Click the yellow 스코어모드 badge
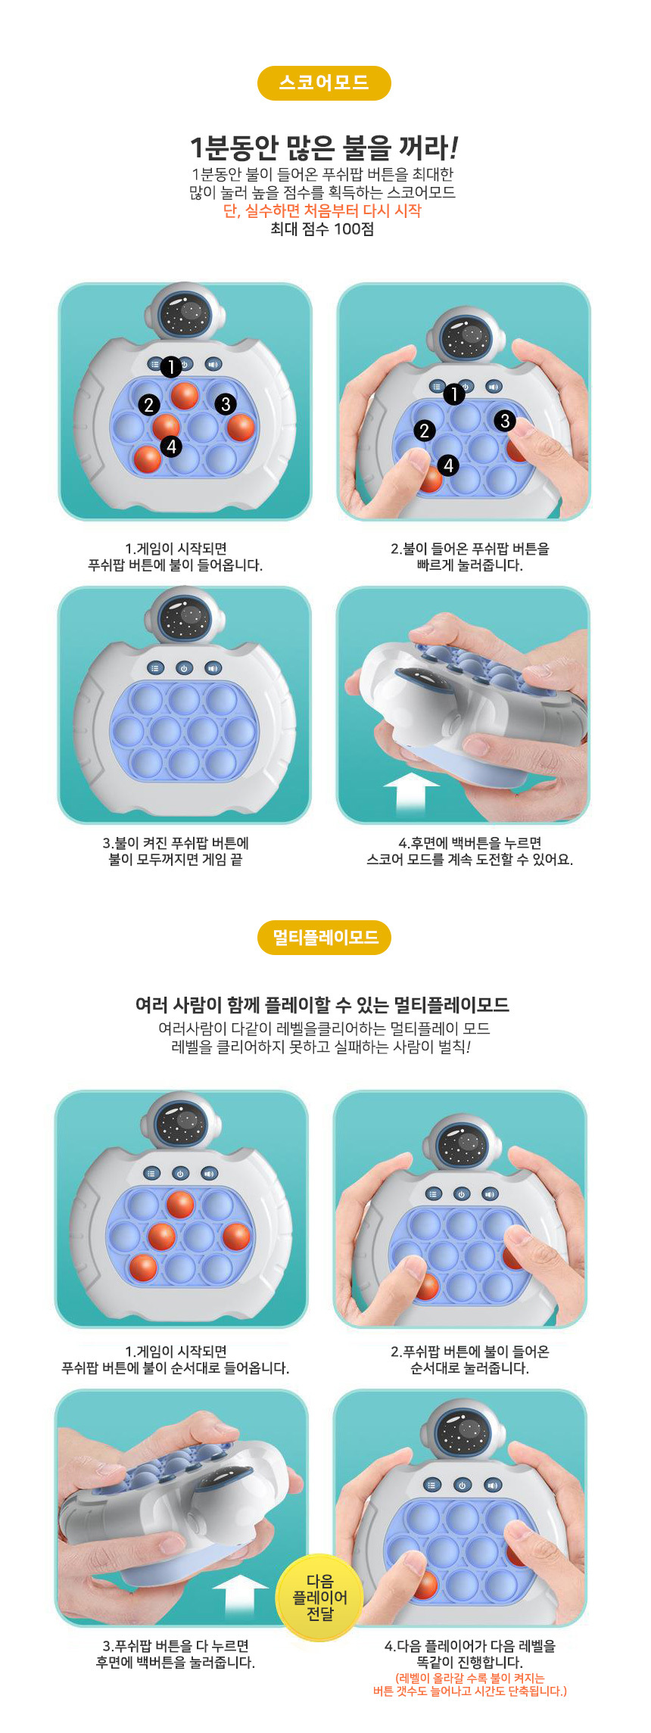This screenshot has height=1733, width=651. [x=324, y=83]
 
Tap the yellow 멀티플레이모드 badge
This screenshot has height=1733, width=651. [x=325, y=938]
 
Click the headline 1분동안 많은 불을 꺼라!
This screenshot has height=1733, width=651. [x=323, y=147]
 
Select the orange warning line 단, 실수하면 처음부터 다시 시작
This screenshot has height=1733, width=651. [x=322, y=211]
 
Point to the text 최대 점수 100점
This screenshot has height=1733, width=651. [x=322, y=229]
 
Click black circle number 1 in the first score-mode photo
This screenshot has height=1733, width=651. [x=171, y=367]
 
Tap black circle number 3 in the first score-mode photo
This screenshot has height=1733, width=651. [x=225, y=404]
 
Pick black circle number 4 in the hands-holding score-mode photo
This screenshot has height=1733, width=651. [x=449, y=465]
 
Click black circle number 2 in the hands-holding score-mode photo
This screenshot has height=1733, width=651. [x=425, y=431]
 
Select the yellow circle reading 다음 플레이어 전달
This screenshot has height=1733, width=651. [x=319, y=1598]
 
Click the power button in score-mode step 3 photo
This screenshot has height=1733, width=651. [x=184, y=668]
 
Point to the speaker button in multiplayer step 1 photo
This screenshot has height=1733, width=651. [x=209, y=1173]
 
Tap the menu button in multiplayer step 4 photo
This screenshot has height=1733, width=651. [x=431, y=1485]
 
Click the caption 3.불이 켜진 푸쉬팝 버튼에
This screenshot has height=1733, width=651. [x=176, y=843]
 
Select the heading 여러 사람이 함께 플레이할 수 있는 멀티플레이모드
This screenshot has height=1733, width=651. [x=322, y=1005]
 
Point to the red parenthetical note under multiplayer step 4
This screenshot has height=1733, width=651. [x=469, y=1685]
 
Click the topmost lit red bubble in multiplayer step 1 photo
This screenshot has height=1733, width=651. [x=180, y=1205]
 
